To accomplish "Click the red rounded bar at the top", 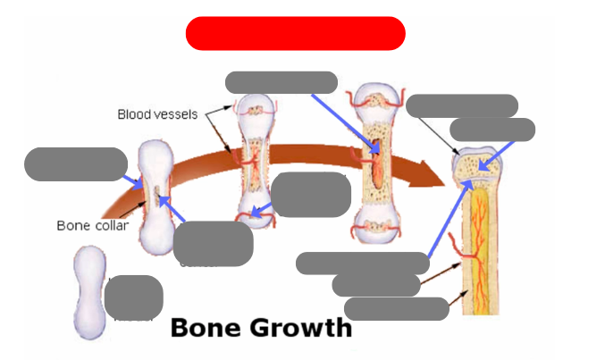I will pos(295,33).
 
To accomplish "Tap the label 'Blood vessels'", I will pos(157,114).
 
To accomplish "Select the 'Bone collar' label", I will pos(92,225).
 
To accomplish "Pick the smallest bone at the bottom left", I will pos(88,292).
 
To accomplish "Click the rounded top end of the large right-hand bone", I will pos(480,162).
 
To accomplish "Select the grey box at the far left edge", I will pos(75,164).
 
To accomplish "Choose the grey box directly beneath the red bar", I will pos(281,82).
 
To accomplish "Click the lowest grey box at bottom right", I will pos(396,309).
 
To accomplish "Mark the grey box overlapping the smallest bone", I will pos(133,297).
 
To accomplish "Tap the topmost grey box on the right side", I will pos(461,105).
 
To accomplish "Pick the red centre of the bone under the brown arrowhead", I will pos(378,167).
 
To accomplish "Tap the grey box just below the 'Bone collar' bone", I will pos(213,243).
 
